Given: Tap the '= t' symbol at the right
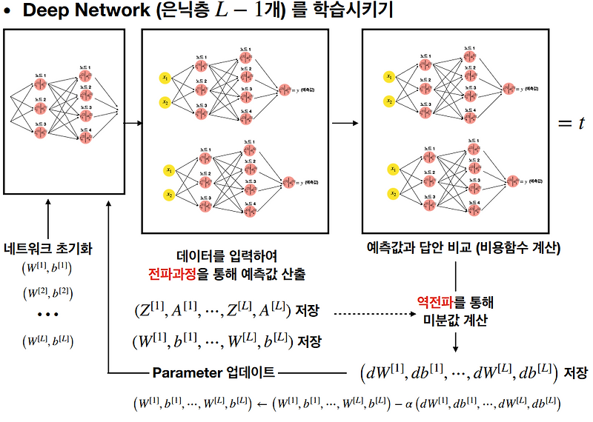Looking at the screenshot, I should [572, 124].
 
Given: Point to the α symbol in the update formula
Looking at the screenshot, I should [408, 404].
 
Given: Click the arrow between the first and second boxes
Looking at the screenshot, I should [130, 124].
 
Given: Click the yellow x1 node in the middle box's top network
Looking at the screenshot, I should [165, 78].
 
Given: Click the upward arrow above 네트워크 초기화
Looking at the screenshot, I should [48, 222].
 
